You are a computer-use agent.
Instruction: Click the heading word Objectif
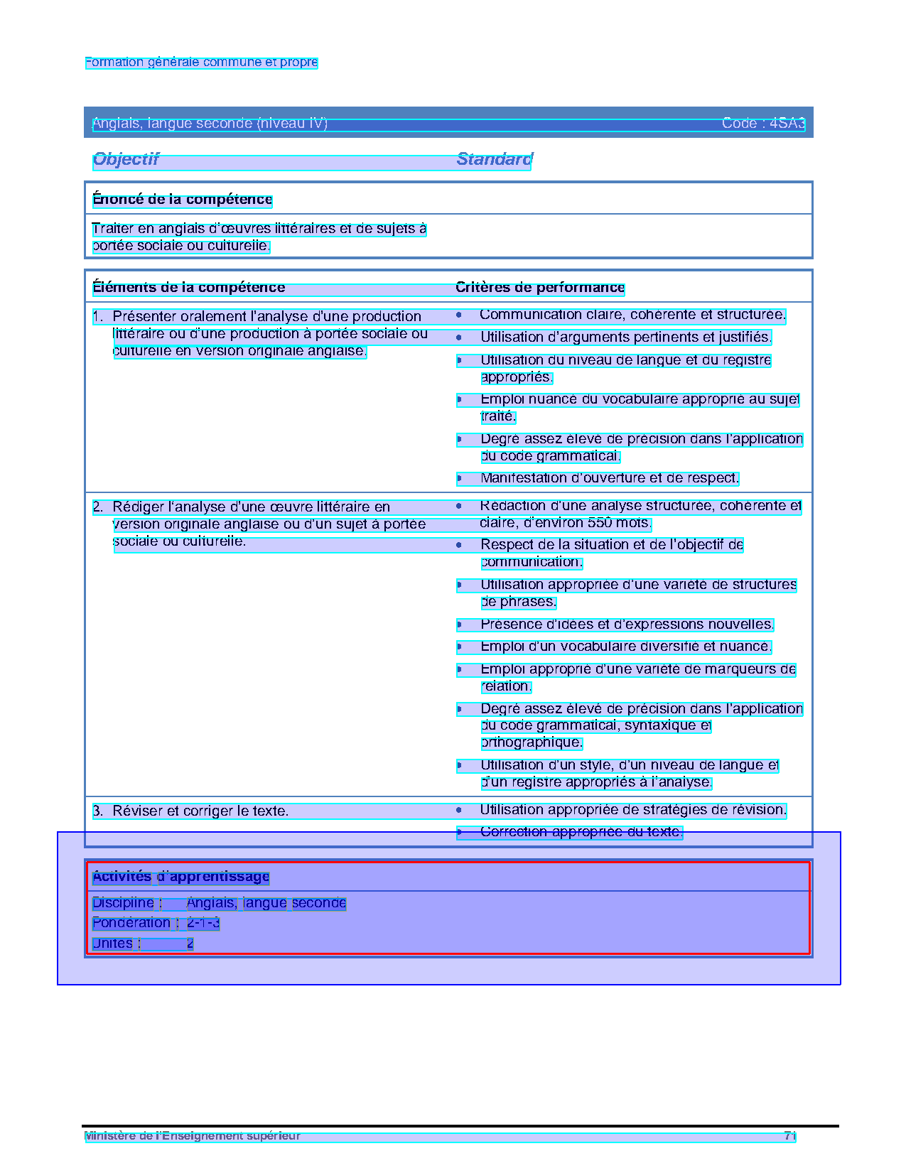tap(126, 159)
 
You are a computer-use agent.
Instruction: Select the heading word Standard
tap(494, 159)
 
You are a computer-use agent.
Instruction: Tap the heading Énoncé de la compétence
tap(182, 200)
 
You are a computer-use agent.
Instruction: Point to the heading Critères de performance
tap(539, 288)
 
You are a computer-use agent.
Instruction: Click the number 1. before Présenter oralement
tap(98, 317)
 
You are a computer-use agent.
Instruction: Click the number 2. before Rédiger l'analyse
tap(98, 507)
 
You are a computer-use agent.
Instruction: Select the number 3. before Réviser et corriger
tap(98, 811)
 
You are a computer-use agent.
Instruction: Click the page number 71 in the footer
tap(789, 1136)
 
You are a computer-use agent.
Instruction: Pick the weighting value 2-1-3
tap(203, 924)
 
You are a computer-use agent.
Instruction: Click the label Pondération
tap(131, 924)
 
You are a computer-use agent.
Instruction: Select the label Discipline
tap(123, 903)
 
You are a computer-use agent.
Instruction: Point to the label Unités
tap(112, 944)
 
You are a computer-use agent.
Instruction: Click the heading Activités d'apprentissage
tap(180, 877)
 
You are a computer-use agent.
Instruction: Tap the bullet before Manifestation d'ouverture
tap(460, 479)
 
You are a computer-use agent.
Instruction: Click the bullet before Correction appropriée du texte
tap(460, 832)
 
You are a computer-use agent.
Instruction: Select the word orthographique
tap(532, 743)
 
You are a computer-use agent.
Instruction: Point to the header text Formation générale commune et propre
tap(201, 63)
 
